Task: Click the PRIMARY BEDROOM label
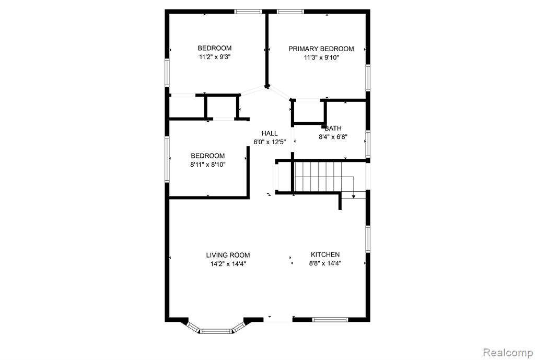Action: [x=321, y=49]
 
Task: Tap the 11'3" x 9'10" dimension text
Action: [x=321, y=57]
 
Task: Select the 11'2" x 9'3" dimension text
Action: [x=215, y=57]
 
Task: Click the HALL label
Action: [x=270, y=133]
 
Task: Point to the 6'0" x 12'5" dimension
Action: [x=270, y=142]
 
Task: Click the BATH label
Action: [x=333, y=129]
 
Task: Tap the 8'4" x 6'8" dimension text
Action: [x=333, y=137]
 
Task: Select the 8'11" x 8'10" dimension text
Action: [x=208, y=165]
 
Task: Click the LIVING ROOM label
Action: [x=228, y=255]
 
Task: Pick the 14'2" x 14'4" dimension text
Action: [x=228, y=264]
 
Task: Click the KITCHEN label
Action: [x=325, y=254]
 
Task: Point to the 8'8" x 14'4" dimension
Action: [x=325, y=263]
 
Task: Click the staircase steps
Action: [x=318, y=177]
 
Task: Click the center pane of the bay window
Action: [x=216, y=331]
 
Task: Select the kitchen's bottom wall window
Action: [x=330, y=320]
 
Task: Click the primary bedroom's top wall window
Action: [x=290, y=11]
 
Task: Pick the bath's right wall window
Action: [x=368, y=144]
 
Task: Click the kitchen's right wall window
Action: [x=368, y=239]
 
